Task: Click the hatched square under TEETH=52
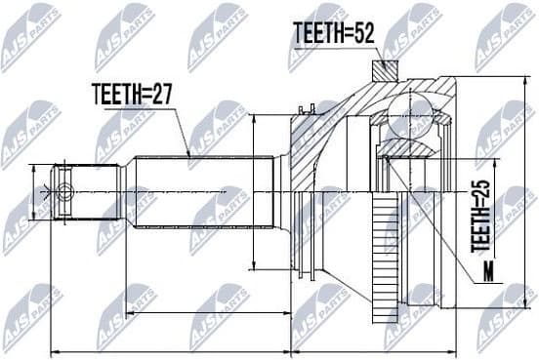pos(385,71)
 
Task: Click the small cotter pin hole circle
pos(64,191)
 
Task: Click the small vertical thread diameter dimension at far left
pos(35,191)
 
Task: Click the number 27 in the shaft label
pos(161,96)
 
